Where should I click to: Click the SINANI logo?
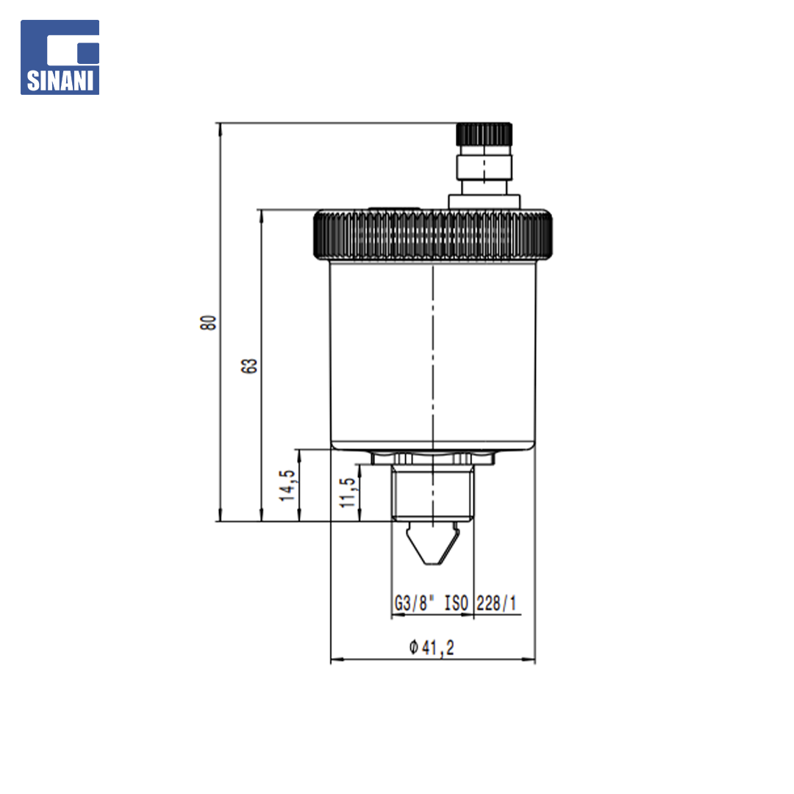pos(60,57)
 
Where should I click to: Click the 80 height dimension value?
pos(208,323)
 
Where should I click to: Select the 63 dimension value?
pos(248,366)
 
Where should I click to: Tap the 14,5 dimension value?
pos(287,486)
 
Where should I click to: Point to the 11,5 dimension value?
pos(348,493)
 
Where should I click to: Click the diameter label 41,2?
pos(438,648)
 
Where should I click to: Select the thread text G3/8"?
pos(414,604)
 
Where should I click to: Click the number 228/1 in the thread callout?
pos(496,603)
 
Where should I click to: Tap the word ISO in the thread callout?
pos(457,603)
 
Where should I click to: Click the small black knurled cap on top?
pos(484,135)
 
